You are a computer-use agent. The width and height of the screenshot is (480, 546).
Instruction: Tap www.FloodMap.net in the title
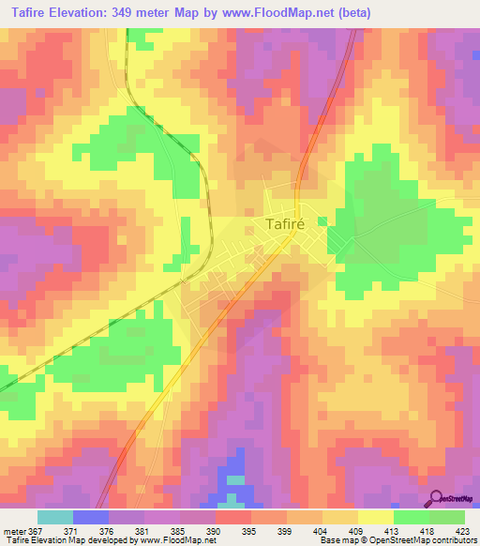tap(282, 12)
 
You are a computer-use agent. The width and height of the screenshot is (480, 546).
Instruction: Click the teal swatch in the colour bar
tap(55, 517)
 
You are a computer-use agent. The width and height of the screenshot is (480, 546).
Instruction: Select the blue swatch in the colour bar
tap(91, 517)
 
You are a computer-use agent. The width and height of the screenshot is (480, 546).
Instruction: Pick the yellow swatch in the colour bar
tap(376, 517)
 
